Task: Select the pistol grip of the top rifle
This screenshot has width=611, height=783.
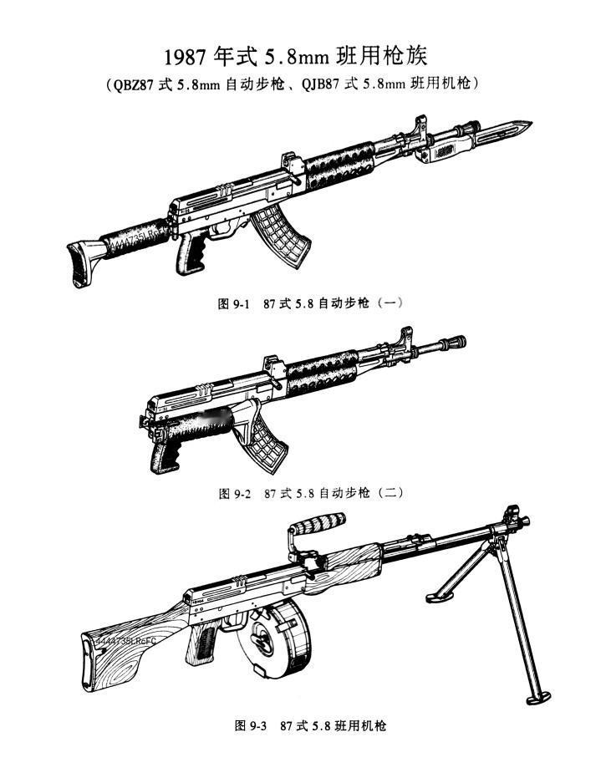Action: [x=190, y=254]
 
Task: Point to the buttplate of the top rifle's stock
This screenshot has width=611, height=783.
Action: [x=78, y=266]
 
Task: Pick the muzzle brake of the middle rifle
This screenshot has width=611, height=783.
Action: [x=455, y=342]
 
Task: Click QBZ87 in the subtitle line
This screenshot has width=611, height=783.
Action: [x=129, y=85]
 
